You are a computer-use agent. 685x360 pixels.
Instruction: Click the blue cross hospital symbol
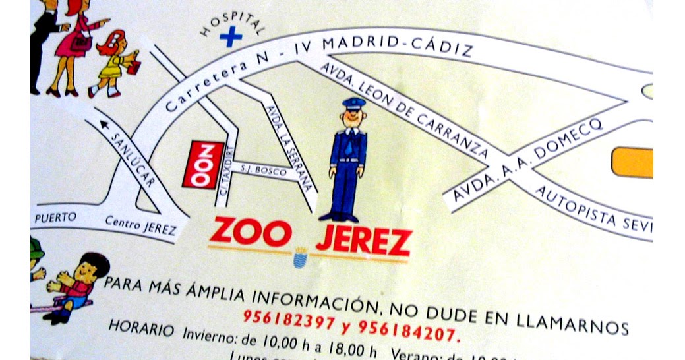(229, 37)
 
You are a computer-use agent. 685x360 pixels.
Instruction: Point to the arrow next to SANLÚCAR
(104, 123)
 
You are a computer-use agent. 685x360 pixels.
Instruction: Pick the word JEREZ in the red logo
(363, 241)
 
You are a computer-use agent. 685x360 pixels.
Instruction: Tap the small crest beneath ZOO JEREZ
(300, 257)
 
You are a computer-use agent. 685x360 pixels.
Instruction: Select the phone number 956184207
(407, 328)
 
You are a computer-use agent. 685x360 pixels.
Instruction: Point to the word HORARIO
(141, 326)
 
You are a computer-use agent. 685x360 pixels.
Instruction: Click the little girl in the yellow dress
(115, 63)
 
